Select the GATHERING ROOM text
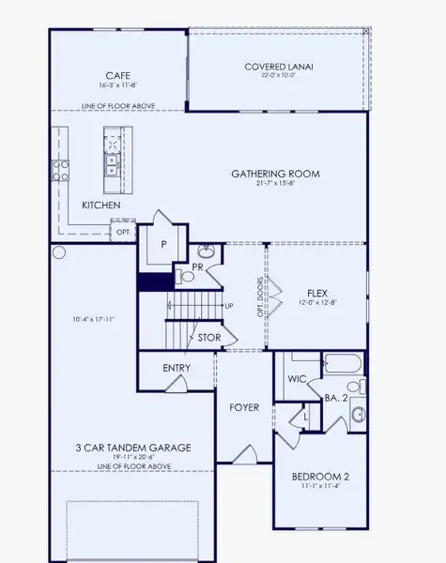(276, 174)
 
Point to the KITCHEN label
(100, 205)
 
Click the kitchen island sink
(111, 166)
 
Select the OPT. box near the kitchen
(123, 231)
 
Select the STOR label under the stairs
(208, 337)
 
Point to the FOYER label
(244, 407)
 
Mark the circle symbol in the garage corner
(58, 252)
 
